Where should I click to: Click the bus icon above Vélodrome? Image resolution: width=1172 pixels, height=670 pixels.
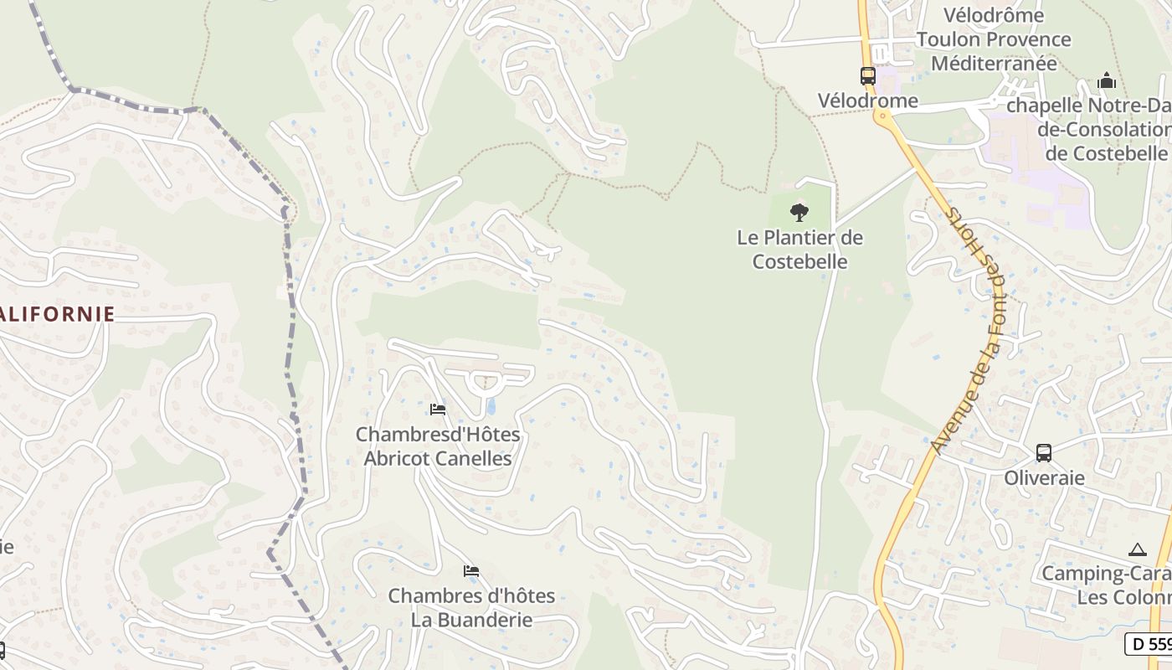coord(867,75)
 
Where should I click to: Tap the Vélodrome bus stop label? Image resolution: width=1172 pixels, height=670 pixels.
coord(867,101)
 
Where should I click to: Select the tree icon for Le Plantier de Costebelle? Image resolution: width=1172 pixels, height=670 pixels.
coord(799,212)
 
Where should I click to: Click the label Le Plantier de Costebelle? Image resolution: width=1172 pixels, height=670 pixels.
coord(799,250)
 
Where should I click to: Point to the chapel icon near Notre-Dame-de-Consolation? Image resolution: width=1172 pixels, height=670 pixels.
coord(1107,81)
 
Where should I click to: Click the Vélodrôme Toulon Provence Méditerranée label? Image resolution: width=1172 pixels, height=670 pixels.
coord(993,39)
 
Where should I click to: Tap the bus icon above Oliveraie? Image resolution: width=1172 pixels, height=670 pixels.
coord(1043,452)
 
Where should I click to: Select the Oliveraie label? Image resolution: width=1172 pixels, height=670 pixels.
coord(1043,478)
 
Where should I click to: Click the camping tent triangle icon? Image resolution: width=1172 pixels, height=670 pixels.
coord(1136,550)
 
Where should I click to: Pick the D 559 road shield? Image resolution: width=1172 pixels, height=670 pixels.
coord(1149,644)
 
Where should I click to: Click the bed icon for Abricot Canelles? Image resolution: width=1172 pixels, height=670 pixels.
coord(437,410)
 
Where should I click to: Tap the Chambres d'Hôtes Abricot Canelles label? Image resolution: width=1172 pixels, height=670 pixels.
coord(438,446)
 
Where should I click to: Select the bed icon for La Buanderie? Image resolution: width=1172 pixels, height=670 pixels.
coord(471,571)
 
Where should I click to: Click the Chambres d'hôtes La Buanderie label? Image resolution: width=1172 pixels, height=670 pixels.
coord(471,608)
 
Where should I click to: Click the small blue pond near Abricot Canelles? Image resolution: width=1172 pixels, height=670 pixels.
coord(491,408)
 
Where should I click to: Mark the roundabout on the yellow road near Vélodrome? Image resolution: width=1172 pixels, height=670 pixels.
coord(882,117)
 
